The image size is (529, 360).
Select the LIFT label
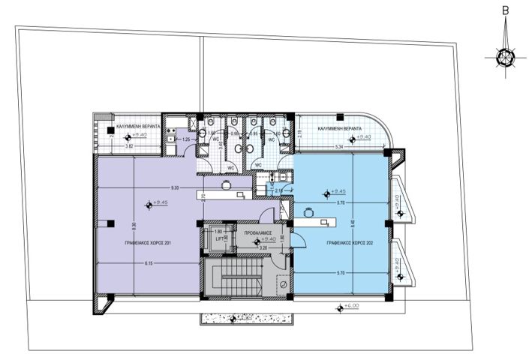point(218,239)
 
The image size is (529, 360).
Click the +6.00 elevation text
point(352,306)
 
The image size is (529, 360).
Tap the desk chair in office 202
point(308,212)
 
